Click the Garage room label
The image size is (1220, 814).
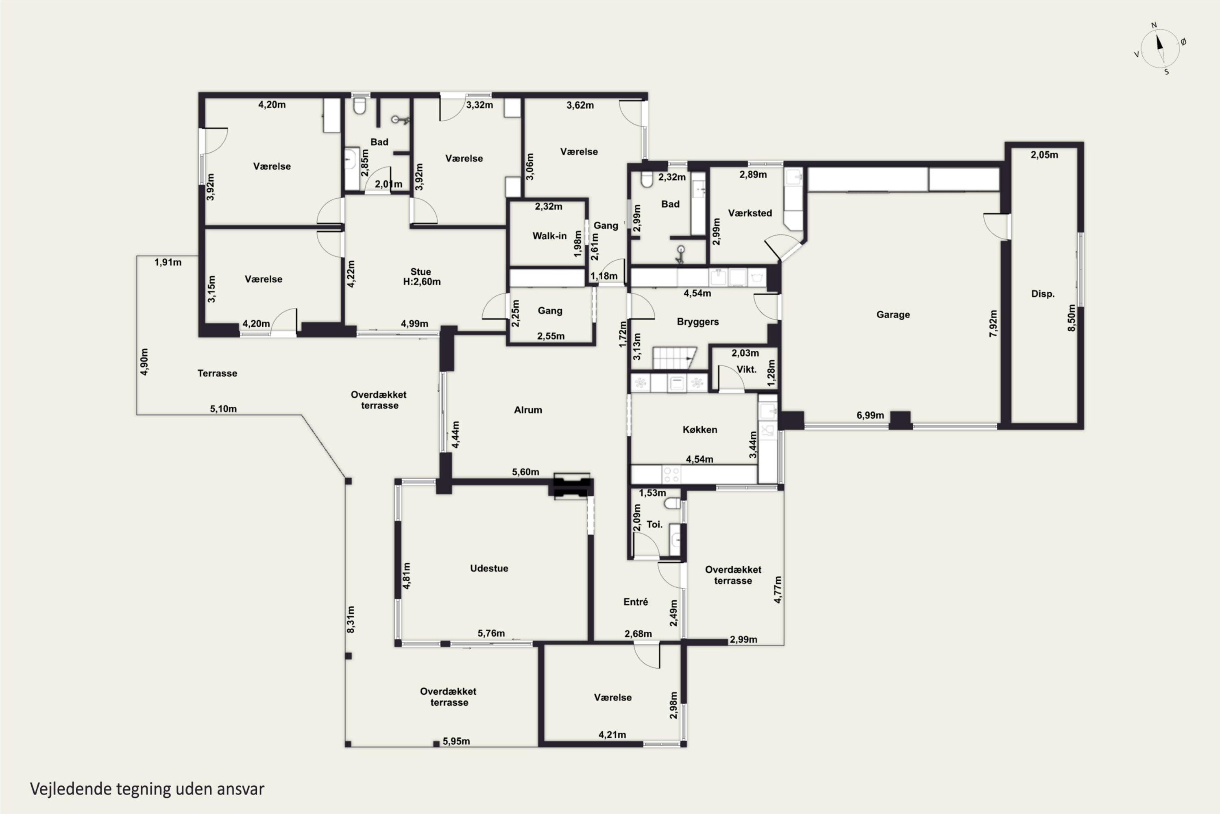[x=893, y=315]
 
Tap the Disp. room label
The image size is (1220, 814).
[x=1043, y=294]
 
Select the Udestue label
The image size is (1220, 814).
[x=489, y=569]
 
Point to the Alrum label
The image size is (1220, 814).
[x=527, y=410]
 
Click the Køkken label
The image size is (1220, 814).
[x=700, y=430]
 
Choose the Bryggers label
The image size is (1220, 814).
[x=698, y=322]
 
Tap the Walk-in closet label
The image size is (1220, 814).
[x=549, y=236]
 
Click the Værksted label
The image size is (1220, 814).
[x=749, y=213]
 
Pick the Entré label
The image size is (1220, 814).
[x=635, y=602]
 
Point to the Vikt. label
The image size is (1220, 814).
[x=746, y=370]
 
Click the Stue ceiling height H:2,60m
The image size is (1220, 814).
[x=422, y=282]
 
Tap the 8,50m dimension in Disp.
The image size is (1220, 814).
[x=1072, y=318]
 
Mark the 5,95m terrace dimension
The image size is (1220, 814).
[x=456, y=741]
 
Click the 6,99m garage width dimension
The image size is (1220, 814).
[x=870, y=415]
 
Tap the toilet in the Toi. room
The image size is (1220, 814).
[x=672, y=503]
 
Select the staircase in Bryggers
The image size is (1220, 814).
[x=674, y=358]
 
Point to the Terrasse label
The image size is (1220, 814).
[x=217, y=373]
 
